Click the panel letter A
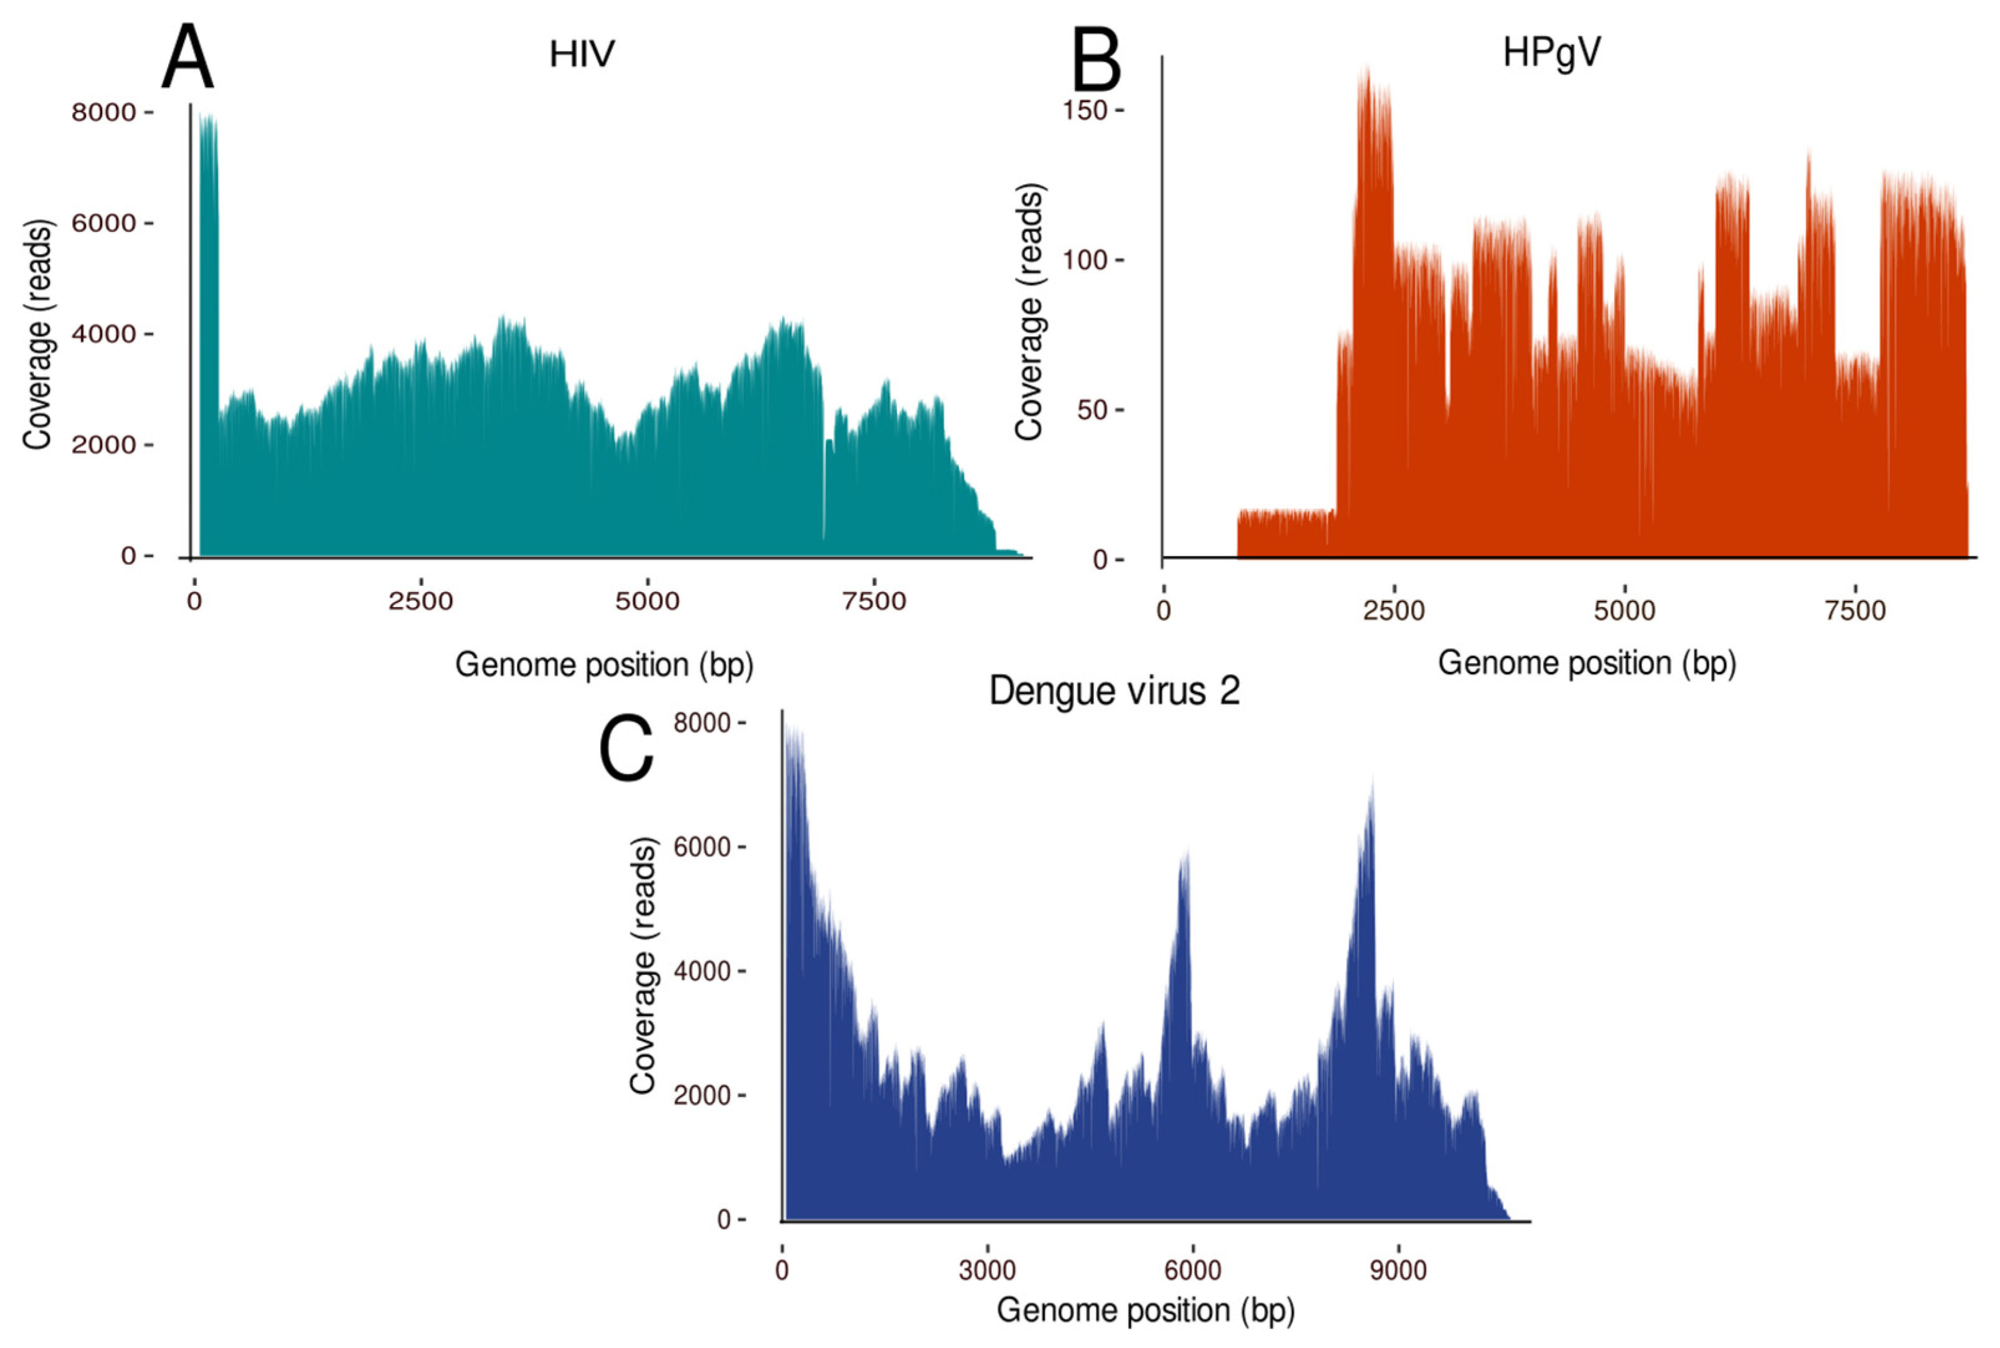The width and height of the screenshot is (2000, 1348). pyautogui.click(x=187, y=59)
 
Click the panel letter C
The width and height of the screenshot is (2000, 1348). pyautogui.click(x=626, y=750)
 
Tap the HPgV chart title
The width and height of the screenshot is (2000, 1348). pyautogui.click(x=1551, y=54)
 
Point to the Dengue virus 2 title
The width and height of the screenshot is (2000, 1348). pyautogui.click(x=1114, y=691)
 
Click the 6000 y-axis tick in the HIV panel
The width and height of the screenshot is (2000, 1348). pyautogui.click(x=103, y=224)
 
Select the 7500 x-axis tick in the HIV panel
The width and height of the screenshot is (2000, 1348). pyautogui.click(x=874, y=601)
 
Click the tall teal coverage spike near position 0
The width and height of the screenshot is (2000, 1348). pyautogui.click(x=208, y=258)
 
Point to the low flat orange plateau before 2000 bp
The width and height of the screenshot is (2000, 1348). pyautogui.click(x=1285, y=534)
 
